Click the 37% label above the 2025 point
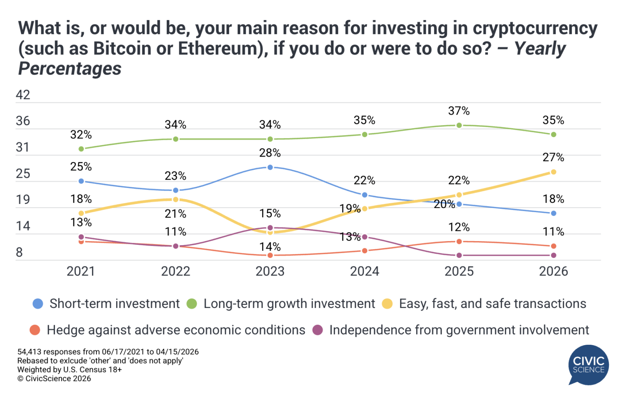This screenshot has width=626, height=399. click(459, 111)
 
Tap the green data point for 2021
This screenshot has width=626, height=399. click(81, 149)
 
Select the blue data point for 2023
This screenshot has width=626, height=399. click(270, 167)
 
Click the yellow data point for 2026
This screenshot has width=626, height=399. click(553, 172)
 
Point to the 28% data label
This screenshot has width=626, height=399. click(270, 153)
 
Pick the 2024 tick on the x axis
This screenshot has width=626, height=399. click(364, 271)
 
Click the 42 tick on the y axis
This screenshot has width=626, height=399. click(23, 95)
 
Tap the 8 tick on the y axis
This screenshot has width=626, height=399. click(19, 253)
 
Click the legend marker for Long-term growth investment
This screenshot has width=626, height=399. click(192, 304)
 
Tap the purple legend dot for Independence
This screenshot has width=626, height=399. click(318, 330)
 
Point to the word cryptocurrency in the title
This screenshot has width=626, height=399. click(535, 29)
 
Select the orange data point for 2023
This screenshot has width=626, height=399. click(270, 255)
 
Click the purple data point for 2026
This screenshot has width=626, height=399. click(553, 255)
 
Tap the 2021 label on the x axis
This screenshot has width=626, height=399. click(81, 271)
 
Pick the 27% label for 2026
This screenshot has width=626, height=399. click(553, 157)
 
